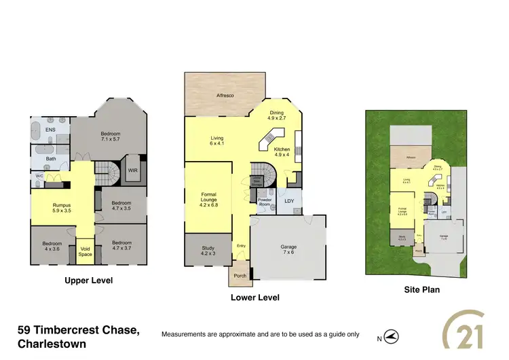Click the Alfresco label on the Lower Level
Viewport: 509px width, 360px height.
pos(225,96)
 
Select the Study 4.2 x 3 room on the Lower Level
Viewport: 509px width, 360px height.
pos(209,251)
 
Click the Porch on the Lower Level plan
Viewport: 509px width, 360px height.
pos(240,276)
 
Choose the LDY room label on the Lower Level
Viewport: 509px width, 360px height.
pos(289,200)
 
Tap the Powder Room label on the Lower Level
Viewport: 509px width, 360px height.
pos(265,202)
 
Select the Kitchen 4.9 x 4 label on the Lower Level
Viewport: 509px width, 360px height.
pos(282,151)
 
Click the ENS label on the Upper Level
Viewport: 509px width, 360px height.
pos(50,130)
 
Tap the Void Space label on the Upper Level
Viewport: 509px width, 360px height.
pos(86,251)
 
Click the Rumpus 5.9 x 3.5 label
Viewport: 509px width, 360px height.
pos(61,209)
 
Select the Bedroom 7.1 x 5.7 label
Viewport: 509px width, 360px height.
pos(110,137)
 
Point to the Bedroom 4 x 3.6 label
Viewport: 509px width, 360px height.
pos(52,246)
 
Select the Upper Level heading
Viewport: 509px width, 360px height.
pos(88,280)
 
